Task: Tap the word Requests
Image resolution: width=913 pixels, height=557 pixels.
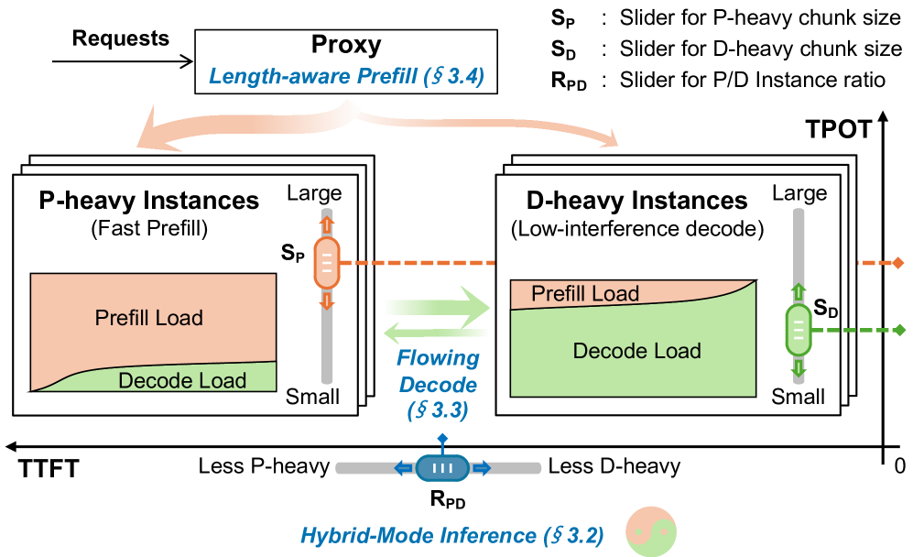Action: pyautogui.click(x=120, y=38)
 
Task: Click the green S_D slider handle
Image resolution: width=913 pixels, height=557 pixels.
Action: pyautogui.click(x=798, y=331)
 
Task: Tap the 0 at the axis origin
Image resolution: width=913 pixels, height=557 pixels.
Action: pyautogui.click(x=899, y=466)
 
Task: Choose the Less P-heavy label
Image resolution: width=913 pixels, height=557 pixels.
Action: pyautogui.click(x=264, y=467)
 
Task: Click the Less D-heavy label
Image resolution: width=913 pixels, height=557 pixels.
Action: pyautogui.click(x=614, y=467)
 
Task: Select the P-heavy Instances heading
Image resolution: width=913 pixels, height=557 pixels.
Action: pyautogui.click(x=148, y=199)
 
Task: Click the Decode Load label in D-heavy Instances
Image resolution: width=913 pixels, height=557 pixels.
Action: pyautogui.click(x=637, y=351)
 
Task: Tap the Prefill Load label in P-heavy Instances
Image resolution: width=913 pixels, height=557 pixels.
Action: pyautogui.click(x=148, y=318)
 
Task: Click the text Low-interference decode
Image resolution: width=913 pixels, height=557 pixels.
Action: pyautogui.click(x=636, y=228)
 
